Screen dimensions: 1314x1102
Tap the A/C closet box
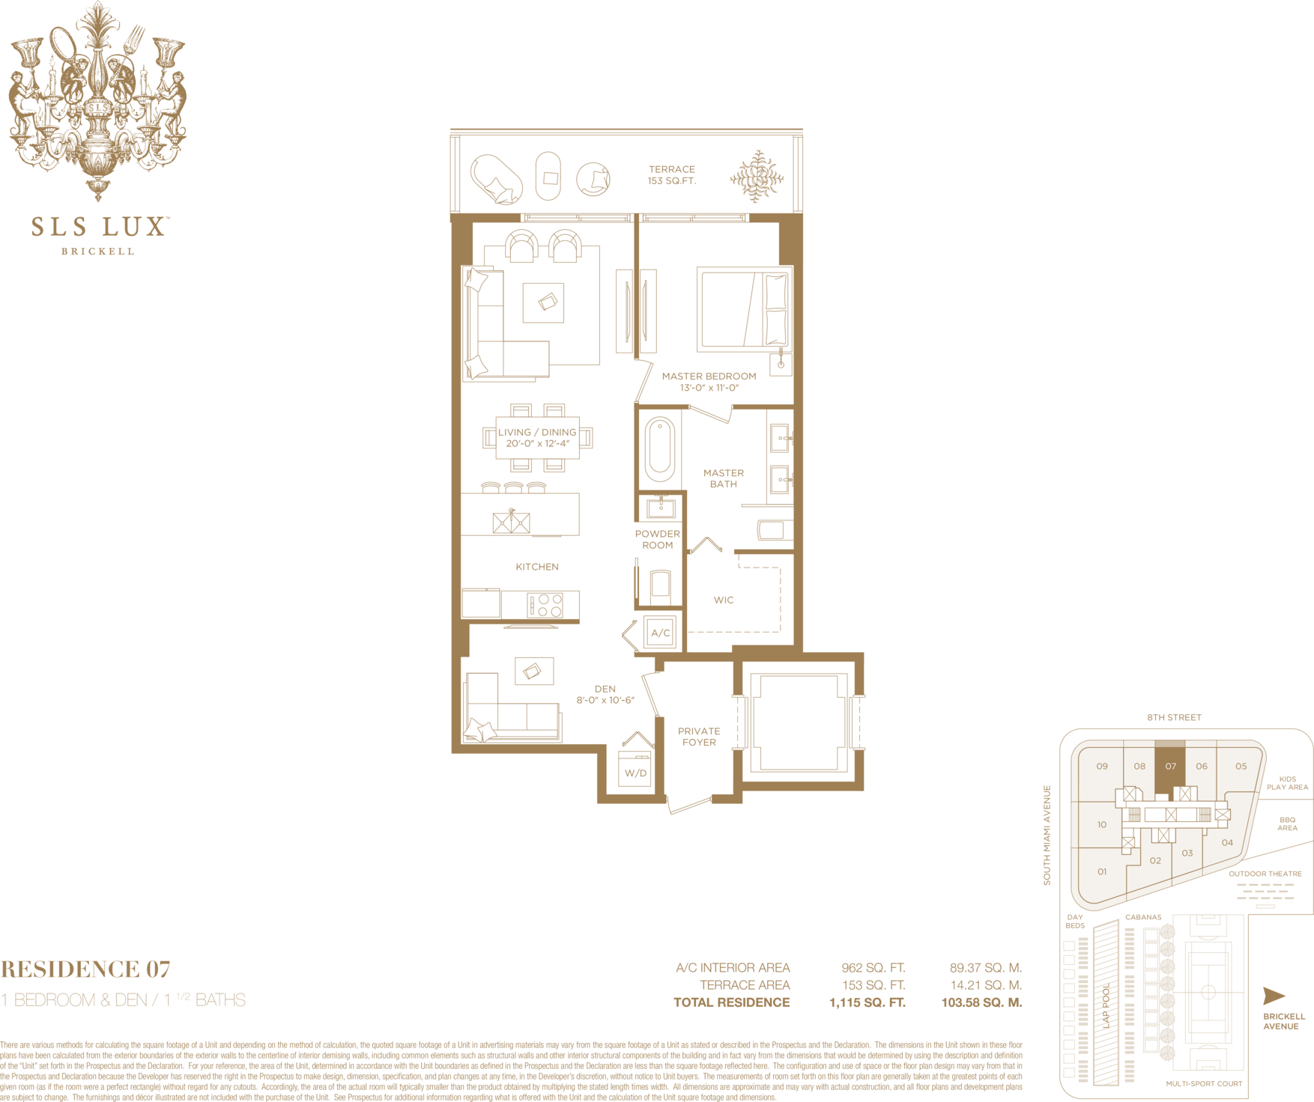coord(660,633)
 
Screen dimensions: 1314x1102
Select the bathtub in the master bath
coord(659,448)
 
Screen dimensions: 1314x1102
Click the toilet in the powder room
coord(660,584)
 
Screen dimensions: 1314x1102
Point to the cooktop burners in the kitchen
coord(545,605)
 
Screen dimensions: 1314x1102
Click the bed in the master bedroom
coord(743,308)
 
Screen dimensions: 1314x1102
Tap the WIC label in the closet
coord(724,600)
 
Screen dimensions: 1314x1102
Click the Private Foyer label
coord(699,737)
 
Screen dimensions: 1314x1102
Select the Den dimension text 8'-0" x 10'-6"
coord(605,700)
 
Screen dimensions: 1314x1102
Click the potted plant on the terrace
coord(757,177)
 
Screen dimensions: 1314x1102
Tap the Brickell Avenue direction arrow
coord(1274,996)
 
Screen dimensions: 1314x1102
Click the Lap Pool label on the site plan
coord(1106,1005)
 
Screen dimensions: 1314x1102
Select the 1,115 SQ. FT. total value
coord(868,1002)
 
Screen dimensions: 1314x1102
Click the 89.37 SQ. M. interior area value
coord(985,968)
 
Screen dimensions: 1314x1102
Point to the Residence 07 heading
coord(85,969)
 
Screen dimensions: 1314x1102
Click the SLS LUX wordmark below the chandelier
coord(98,226)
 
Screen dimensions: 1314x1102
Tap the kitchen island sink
coord(511,521)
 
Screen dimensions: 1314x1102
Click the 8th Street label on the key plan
coord(1174,717)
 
